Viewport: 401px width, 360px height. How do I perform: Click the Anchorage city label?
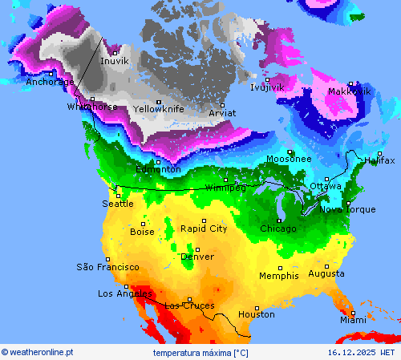tap(50, 82)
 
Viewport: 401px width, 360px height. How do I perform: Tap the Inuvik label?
tap(114, 61)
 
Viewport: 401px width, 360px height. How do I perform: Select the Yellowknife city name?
tap(159, 109)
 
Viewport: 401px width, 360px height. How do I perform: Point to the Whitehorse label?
tap(92, 107)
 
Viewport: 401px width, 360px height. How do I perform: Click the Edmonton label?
tap(158, 169)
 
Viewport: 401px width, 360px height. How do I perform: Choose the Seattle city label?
tap(118, 204)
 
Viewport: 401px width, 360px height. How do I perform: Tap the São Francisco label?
tap(107, 267)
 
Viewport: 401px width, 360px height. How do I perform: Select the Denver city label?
tap(197, 257)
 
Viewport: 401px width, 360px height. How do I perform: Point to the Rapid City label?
tap(204, 229)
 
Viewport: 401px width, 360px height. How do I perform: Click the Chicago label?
tap(277, 229)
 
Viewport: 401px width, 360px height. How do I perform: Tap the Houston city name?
tap(257, 314)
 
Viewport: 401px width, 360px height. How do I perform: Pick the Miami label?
tap(352, 320)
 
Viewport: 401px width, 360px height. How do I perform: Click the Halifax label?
tap(379, 161)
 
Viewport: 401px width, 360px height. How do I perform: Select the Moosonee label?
tap(289, 159)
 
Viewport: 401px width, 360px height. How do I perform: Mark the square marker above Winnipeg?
tap(225, 180)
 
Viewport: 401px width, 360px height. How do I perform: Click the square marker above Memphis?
tap(280, 268)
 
